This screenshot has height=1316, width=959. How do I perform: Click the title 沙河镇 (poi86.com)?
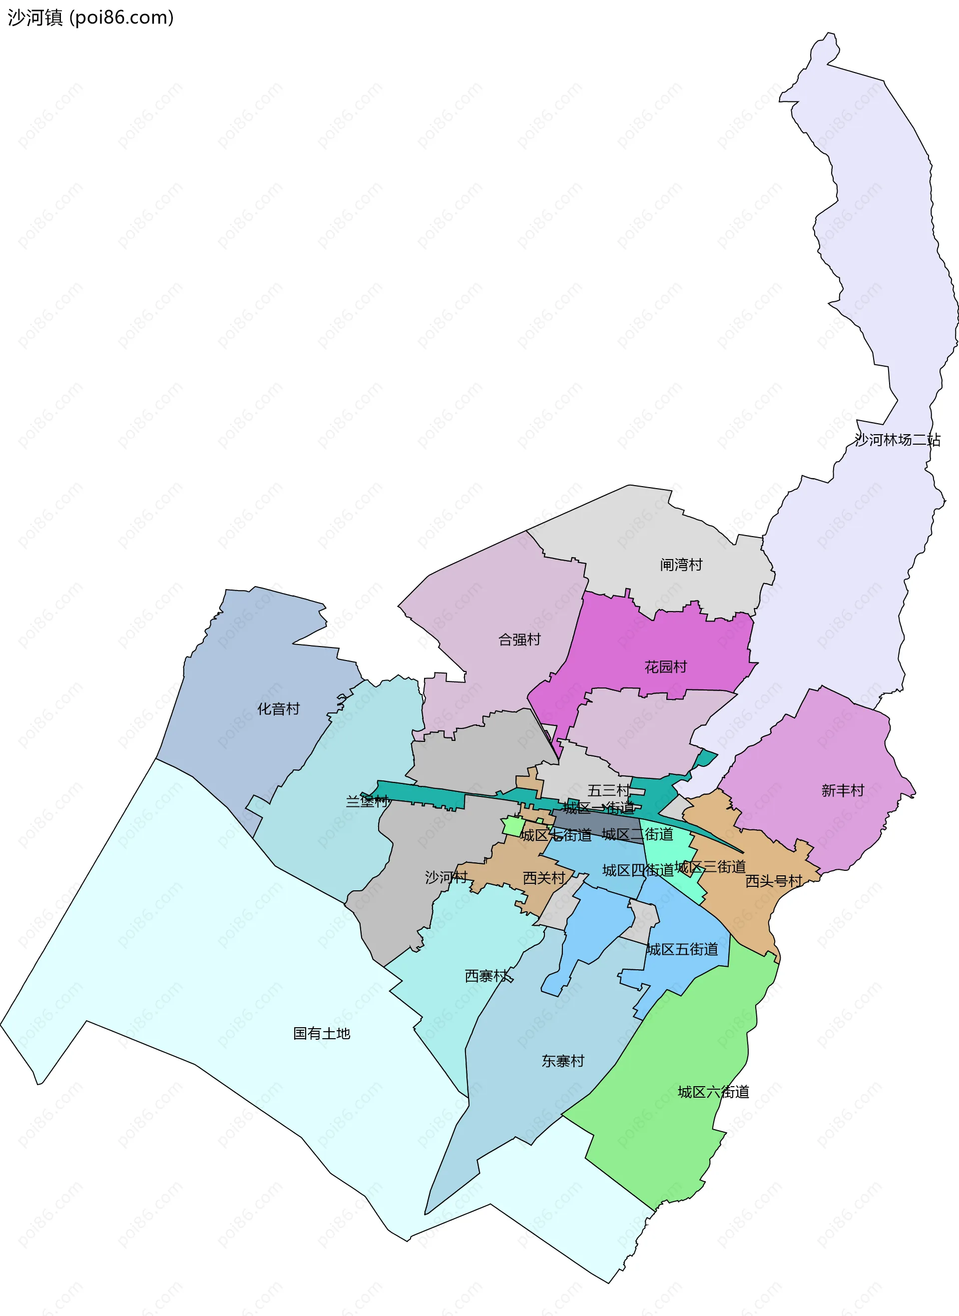pyautogui.click(x=90, y=17)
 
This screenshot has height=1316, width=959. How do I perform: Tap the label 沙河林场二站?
pyautogui.click(x=897, y=440)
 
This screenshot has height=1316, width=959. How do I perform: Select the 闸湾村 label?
pyautogui.click(x=681, y=565)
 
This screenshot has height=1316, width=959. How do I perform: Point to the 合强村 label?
pyautogui.click(x=519, y=640)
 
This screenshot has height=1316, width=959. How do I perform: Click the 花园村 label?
pyautogui.click(x=665, y=667)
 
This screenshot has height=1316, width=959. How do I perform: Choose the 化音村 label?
pyautogui.click(x=279, y=709)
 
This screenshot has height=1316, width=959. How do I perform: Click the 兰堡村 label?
pyautogui.click(x=367, y=802)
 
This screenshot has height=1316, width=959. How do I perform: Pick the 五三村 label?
pyautogui.click(x=608, y=790)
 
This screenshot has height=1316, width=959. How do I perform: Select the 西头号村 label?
pyautogui.click(x=774, y=881)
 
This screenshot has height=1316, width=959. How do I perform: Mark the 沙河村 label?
pyautogui.click(x=446, y=877)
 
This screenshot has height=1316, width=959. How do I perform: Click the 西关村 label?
pyautogui.click(x=544, y=878)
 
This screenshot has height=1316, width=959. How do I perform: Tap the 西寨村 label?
pyautogui.click(x=486, y=976)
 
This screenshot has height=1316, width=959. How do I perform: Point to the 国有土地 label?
pyautogui.click(x=322, y=1033)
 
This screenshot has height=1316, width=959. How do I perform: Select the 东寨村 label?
pyautogui.click(x=562, y=1061)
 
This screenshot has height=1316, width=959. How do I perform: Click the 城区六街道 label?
pyautogui.click(x=713, y=1093)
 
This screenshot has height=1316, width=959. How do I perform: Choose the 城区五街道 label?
pyautogui.click(x=683, y=950)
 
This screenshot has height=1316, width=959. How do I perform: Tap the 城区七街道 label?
pyautogui.click(x=555, y=835)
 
